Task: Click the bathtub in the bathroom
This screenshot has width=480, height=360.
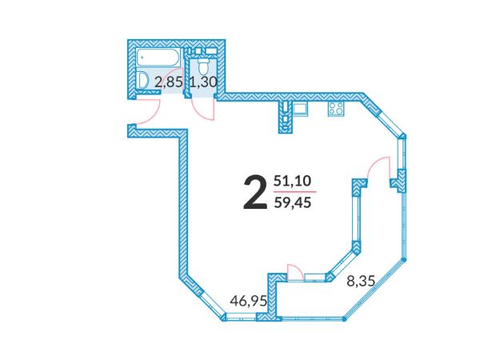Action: [158, 58]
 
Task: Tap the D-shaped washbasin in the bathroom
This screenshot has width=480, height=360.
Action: [142, 81]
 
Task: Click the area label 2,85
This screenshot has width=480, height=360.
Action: [169, 82]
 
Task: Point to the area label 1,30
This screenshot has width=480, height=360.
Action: [203, 82]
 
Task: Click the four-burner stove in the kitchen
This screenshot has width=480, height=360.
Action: [336, 109]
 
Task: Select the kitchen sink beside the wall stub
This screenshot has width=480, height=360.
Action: [300, 109]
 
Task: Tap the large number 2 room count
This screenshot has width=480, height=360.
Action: [254, 193]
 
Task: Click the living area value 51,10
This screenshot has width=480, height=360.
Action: [292, 181]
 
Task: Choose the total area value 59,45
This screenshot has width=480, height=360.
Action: [293, 202]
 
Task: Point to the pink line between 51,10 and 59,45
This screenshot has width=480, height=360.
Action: [294, 192]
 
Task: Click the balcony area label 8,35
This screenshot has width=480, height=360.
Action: [361, 281]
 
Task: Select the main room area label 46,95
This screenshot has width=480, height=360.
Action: [249, 301]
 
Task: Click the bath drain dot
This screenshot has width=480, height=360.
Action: [142, 58]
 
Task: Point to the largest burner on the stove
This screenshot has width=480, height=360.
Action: [339, 106]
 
